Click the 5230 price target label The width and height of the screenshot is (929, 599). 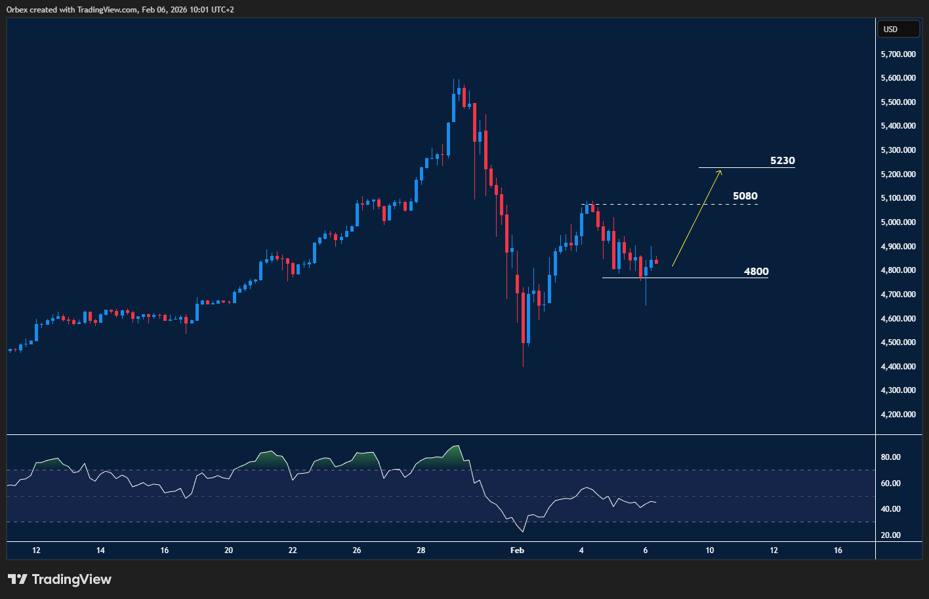782,161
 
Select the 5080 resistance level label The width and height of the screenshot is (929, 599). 745,196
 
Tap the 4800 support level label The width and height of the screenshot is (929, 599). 756,272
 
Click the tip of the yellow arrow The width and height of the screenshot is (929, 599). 721,171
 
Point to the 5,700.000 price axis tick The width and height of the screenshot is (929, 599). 898,54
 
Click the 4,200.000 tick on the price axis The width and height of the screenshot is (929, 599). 898,415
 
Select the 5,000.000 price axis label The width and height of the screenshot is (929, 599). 898,222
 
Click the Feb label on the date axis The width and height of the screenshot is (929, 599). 517,550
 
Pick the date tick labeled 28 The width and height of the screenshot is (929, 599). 421,550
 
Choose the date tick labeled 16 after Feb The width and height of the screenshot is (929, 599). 838,550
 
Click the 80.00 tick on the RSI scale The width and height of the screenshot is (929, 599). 890,457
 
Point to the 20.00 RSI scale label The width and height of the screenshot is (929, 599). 890,535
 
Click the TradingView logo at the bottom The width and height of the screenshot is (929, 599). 60,579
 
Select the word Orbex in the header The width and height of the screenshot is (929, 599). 18,10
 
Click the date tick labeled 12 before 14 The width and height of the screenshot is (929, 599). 36,550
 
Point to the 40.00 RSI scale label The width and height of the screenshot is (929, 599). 890,509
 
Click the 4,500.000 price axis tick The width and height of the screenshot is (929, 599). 898,342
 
